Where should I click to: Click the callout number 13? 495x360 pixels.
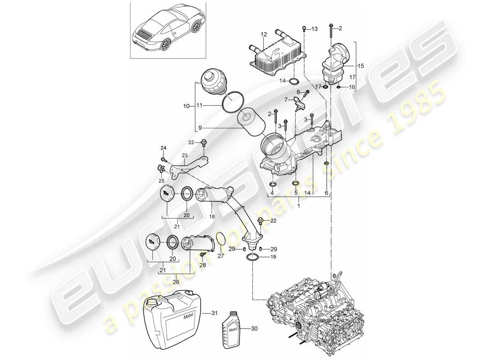click(314, 29)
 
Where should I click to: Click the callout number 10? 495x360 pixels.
click(186, 106)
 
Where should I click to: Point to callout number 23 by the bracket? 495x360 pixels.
click(184, 156)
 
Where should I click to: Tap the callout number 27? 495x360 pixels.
click(221, 256)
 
